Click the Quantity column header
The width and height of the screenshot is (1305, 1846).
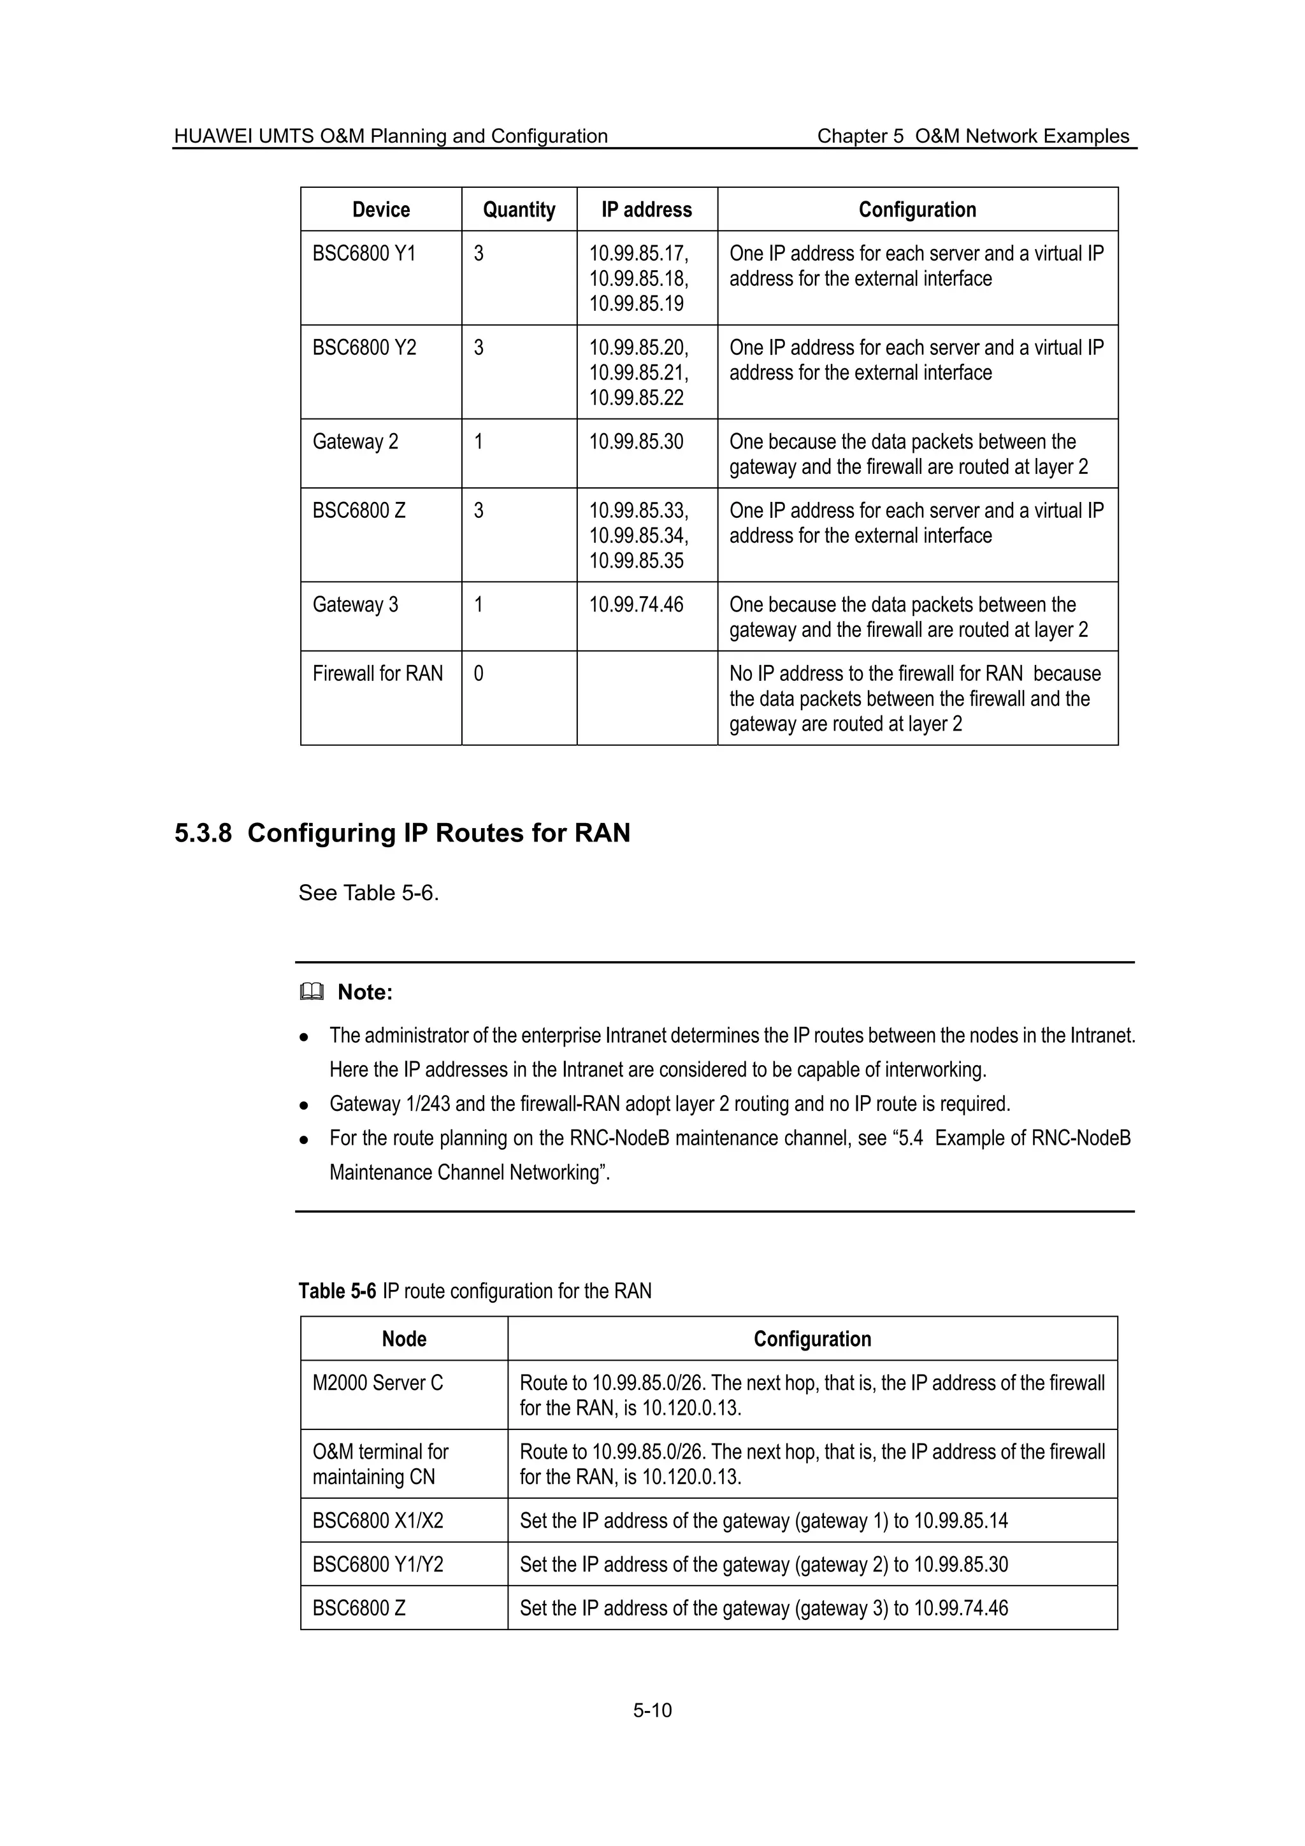[519, 210]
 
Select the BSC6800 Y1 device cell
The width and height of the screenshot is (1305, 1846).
[364, 254]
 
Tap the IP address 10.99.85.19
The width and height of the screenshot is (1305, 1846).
[636, 304]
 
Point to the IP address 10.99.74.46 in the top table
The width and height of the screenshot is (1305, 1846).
[636, 605]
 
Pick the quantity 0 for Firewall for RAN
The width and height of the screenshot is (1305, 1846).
[479, 674]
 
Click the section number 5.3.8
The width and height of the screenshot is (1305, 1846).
[203, 833]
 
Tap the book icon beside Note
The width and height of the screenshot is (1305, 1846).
[311, 993]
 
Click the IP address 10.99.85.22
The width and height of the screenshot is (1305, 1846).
[636, 398]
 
